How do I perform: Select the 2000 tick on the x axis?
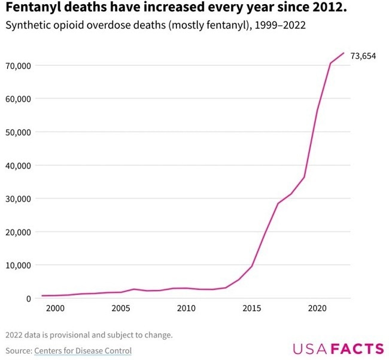point(55,309)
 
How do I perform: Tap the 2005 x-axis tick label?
point(120,309)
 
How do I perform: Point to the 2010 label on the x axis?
point(186,309)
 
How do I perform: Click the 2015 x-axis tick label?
point(252,309)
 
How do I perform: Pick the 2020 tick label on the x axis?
point(317,309)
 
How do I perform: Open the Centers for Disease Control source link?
point(83,350)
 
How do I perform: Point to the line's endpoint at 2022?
point(344,53)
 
